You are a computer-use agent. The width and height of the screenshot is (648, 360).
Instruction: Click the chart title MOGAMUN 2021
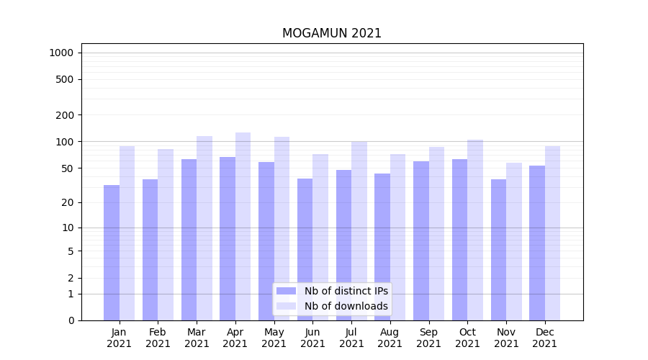[x=331, y=33]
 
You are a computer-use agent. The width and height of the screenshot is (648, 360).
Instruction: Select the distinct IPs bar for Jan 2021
[x=112, y=252]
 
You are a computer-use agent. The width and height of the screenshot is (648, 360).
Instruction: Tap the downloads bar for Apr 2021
[x=243, y=226]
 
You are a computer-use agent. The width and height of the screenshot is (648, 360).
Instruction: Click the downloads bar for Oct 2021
[x=475, y=230]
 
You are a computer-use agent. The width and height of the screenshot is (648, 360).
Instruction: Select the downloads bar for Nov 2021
[x=514, y=241]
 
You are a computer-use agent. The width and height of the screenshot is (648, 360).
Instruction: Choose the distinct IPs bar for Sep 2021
[x=421, y=240]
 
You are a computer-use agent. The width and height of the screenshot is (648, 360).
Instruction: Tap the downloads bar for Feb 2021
[x=166, y=234]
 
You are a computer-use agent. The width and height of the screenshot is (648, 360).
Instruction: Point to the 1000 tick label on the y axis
[x=61, y=53]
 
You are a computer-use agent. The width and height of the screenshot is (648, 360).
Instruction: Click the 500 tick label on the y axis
[x=64, y=79]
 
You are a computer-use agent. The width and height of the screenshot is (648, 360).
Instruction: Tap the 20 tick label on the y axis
[x=67, y=202]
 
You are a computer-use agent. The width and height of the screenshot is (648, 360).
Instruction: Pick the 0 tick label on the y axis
[x=70, y=320]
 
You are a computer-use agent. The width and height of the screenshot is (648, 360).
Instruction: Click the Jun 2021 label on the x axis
[x=312, y=338]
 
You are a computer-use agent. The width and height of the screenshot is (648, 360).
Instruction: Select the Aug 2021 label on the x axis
[x=390, y=338]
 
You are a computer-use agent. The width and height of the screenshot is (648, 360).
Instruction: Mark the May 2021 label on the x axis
[x=274, y=338]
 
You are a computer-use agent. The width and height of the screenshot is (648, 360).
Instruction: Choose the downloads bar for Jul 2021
[x=359, y=230]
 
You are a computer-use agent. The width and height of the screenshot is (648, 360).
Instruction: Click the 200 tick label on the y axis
[x=64, y=115]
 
